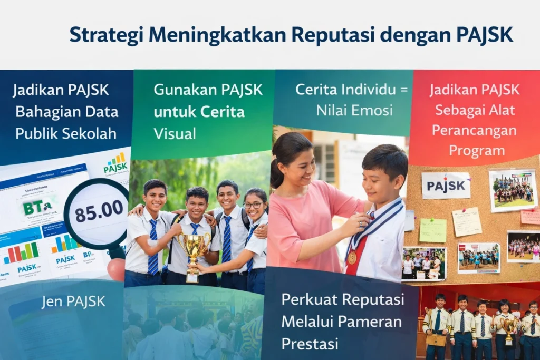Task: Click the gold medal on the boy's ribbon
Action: (352, 257)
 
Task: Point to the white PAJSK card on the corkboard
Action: (446, 186)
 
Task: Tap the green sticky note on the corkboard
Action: (432, 230)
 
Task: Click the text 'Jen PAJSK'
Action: (73, 301)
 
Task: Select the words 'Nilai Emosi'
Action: (354, 110)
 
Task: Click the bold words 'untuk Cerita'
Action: (199, 112)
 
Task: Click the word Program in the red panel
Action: (476, 151)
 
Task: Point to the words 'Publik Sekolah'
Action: (66, 133)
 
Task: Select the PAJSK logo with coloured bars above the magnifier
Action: (115, 164)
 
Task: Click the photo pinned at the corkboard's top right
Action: (512, 190)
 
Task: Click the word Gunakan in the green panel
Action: (180, 90)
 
